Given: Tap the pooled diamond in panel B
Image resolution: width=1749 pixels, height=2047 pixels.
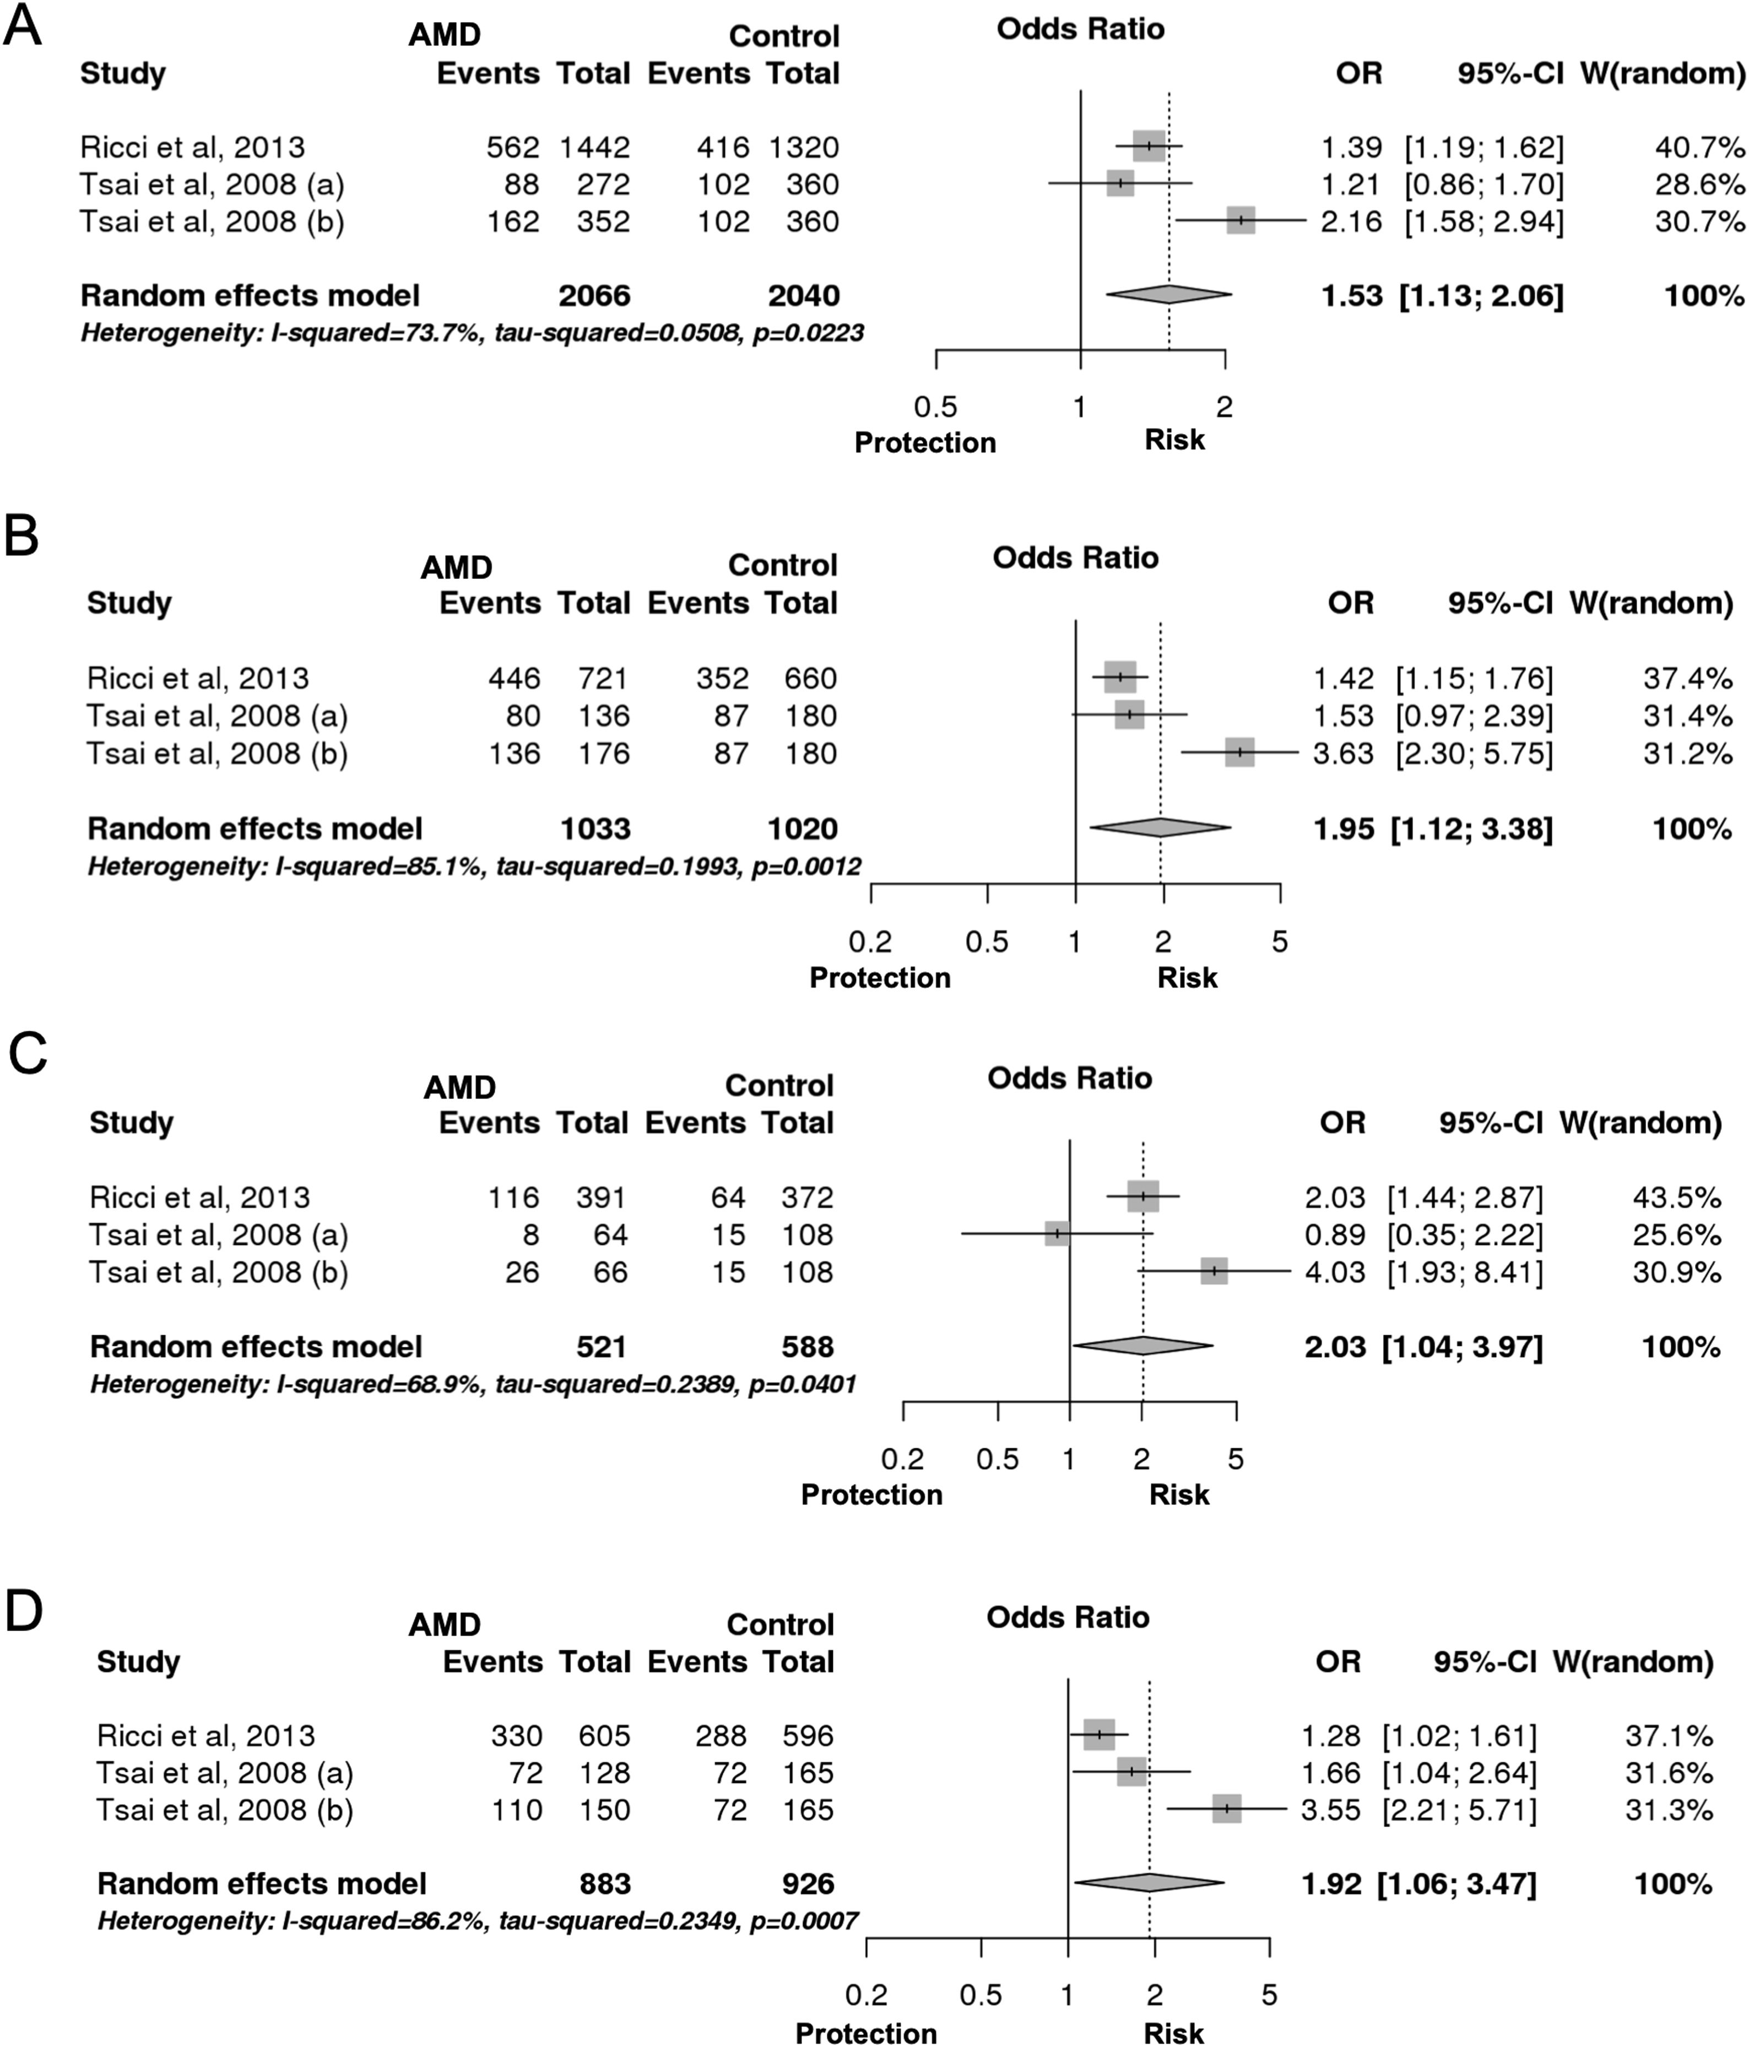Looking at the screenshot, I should tap(1160, 828).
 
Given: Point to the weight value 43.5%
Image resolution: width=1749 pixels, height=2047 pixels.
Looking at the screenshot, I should tap(1677, 1198).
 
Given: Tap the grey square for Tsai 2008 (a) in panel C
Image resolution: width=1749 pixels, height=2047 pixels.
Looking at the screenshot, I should tap(1057, 1234).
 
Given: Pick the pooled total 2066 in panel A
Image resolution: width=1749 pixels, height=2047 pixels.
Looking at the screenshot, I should tap(594, 295).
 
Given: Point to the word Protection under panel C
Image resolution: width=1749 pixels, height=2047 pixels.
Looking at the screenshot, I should tap(871, 1494).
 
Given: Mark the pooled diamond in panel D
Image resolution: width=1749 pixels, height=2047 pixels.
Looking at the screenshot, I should tap(1149, 1884).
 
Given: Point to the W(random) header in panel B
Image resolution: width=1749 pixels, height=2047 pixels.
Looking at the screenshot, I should tap(1650, 604).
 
